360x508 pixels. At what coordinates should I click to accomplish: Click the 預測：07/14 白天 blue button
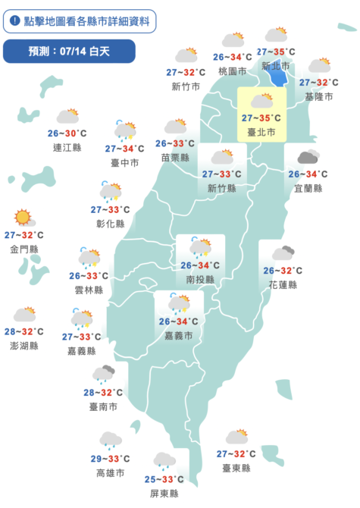(69, 52)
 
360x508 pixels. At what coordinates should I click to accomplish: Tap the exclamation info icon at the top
(14, 20)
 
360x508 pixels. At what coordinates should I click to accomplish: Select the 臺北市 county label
(261, 132)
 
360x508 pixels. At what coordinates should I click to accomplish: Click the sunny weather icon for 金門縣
(23, 218)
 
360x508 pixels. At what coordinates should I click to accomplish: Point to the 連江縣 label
(67, 147)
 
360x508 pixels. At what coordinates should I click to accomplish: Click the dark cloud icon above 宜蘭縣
(308, 158)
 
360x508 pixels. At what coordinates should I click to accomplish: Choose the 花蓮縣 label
(283, 284)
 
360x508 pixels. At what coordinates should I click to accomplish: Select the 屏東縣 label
(164, 493)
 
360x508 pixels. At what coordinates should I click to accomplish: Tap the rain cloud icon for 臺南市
(103, 374)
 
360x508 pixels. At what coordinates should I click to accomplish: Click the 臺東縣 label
(236, 469)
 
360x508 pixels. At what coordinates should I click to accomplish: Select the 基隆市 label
(318, 96)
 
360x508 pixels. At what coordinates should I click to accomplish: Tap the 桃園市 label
(232, 71)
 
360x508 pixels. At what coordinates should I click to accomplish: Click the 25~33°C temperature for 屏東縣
(163, 479)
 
